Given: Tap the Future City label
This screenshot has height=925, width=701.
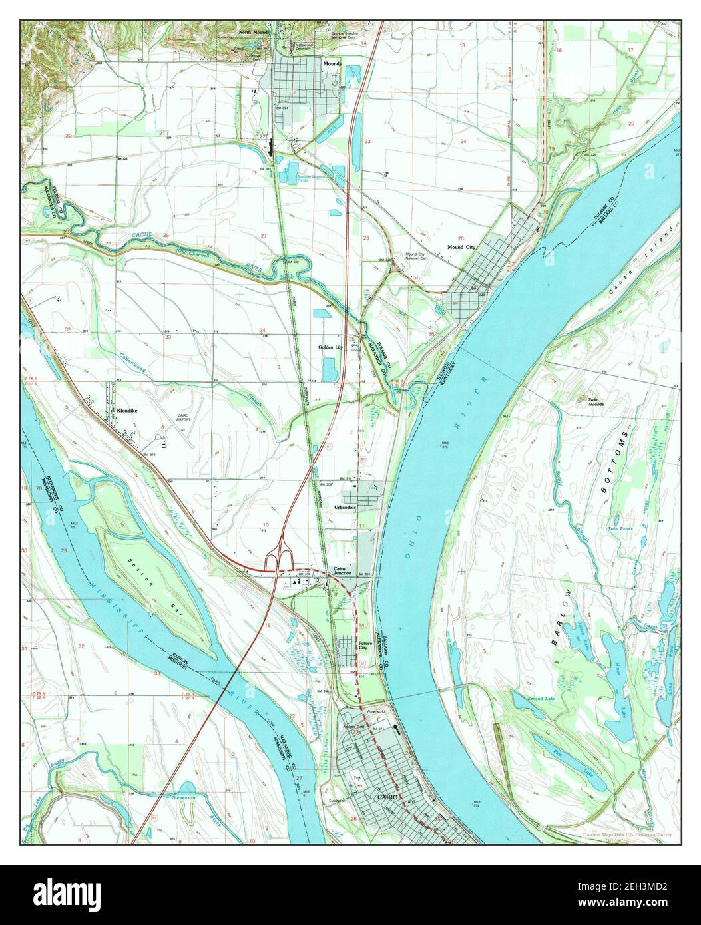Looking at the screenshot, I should [x=365, y=646].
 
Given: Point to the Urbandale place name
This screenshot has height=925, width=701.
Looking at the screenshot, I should [x=345, y=507].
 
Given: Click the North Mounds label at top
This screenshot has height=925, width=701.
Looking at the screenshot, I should [x=254, y=32].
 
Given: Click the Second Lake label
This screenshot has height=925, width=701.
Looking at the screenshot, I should [x=541, y=699].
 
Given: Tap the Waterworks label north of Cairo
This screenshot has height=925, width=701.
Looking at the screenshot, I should [x=375, y=712].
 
